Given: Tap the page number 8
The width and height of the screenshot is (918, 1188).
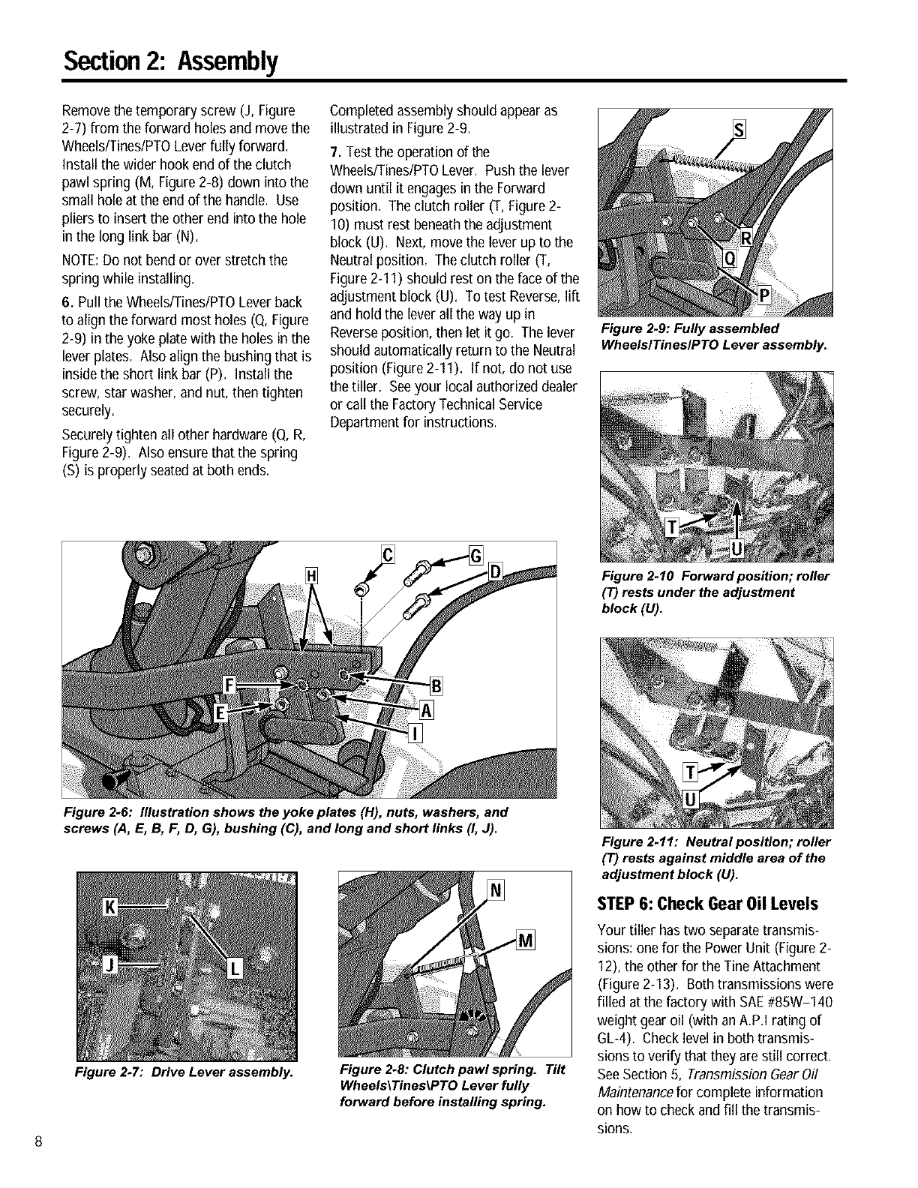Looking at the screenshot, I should (x=36, y=1142).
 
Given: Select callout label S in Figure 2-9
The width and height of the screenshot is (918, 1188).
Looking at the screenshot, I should (x=737, y=134).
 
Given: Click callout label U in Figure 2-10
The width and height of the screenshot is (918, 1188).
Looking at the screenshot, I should (x=736, y=550).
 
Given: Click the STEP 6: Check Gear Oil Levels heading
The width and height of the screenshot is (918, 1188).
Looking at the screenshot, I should (x=706, y=903).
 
